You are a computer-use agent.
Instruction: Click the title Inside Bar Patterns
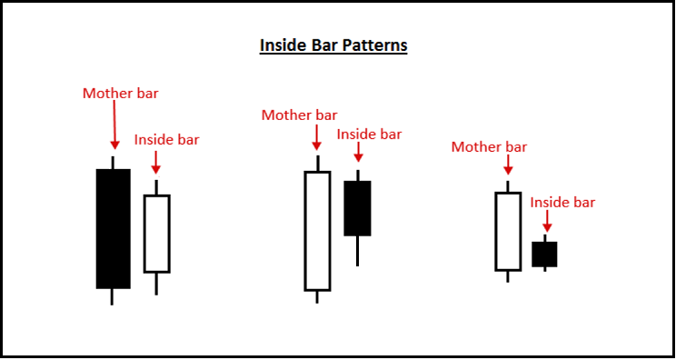pos(333,45)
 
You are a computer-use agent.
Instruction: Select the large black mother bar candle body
pos(113,228)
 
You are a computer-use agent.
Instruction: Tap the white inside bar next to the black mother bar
pos(156,234)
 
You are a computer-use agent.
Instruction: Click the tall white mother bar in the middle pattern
pos(317,231)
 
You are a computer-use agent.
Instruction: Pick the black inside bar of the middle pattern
pos(357,208)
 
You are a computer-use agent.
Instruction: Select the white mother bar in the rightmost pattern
pos(508,231)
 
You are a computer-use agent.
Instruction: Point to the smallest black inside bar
pos(544,254)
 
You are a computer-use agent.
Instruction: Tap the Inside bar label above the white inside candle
pos(166,140)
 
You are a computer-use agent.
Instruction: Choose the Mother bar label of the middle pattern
pos(299,115)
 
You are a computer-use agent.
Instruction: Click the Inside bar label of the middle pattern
pos(369,134)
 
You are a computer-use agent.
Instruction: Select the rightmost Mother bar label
pos(489,146)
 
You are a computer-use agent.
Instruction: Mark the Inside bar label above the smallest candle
pos(562,202)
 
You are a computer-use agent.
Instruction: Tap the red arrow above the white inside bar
pos(156,162)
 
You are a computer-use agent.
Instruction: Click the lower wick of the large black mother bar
pos(113,296)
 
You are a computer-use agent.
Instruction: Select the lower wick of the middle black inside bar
pos(357,251)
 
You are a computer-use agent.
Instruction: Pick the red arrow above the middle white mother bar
pos(316,138)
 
